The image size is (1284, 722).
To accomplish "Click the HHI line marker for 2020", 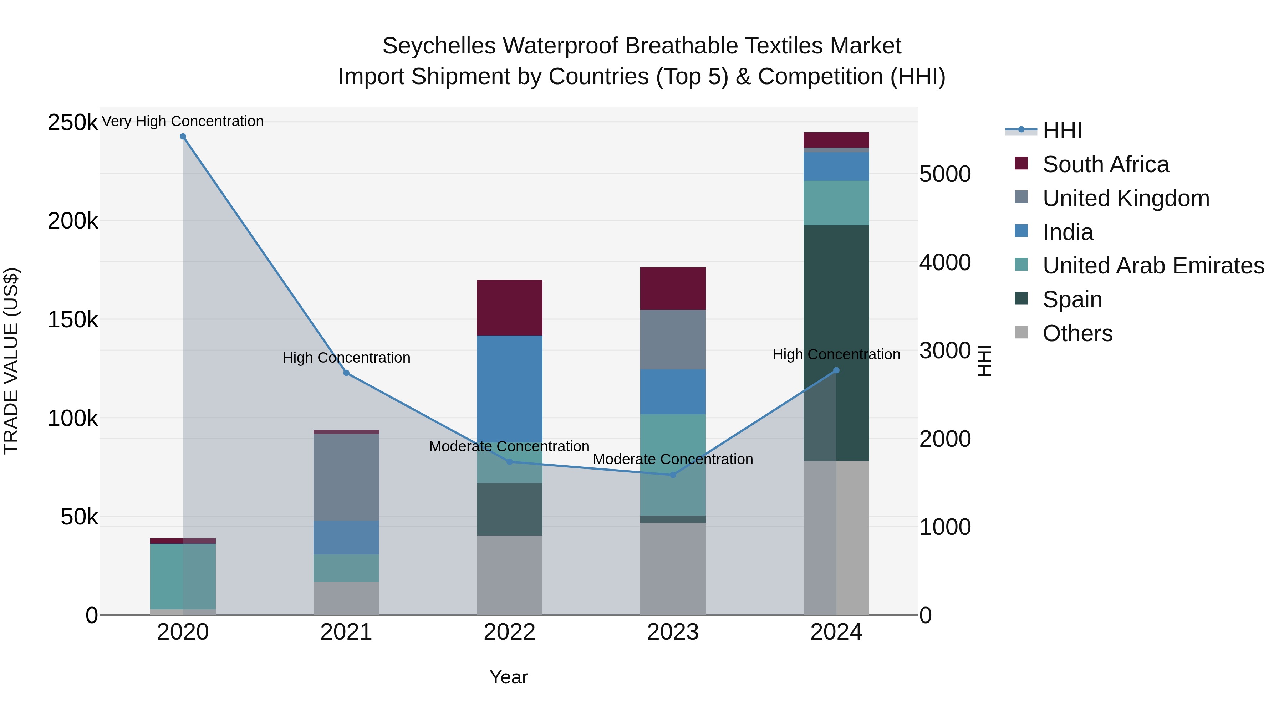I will (183, 137).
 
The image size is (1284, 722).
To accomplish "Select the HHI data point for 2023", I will (673, 475).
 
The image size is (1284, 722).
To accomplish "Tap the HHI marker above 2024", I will (836, 370).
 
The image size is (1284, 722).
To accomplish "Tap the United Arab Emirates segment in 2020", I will (183, 576).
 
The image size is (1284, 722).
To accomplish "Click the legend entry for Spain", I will (1072, 299).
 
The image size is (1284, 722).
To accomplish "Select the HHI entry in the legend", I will (1062, 130).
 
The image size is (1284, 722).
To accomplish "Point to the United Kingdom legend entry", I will (1126, 198).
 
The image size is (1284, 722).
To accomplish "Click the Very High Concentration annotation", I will (183, 121).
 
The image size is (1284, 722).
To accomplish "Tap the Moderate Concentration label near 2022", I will (509, 446).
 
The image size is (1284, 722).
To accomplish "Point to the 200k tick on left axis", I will (73, 221).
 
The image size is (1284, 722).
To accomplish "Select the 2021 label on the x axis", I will (346, 632).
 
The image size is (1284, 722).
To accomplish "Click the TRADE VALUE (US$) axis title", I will (11, 361).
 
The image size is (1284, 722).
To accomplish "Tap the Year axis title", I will (508, 677).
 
